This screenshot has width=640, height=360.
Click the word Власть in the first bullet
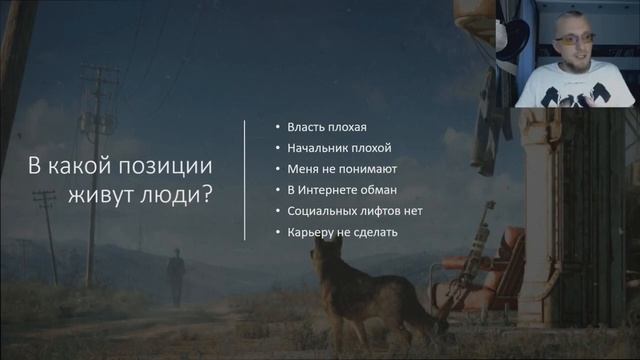(x=306, y=127)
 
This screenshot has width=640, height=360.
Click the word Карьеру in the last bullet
(x=311, y=232)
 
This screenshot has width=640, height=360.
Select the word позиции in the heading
(x=170, y=166)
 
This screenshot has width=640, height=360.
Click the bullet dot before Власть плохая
(x=277, y=128)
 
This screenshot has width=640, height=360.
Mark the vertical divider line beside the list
(x=246, y=180)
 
